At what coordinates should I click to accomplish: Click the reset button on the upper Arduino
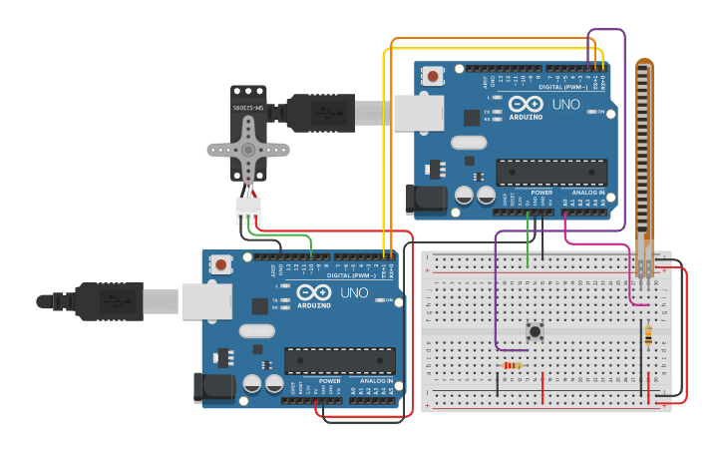point(433,76)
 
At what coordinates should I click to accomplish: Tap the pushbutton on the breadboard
point(535,331)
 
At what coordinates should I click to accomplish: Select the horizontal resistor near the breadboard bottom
point(513,365)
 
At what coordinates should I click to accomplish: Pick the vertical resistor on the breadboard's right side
point(649,334)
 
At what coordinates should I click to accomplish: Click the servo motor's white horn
point(247,151)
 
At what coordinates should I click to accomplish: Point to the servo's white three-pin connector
point(247,211)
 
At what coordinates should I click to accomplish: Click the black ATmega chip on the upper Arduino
point(537,172)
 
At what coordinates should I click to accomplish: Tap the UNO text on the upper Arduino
point(565,105)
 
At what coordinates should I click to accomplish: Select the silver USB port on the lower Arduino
point(206,300)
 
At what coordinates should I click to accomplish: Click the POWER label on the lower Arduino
point(330,380)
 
